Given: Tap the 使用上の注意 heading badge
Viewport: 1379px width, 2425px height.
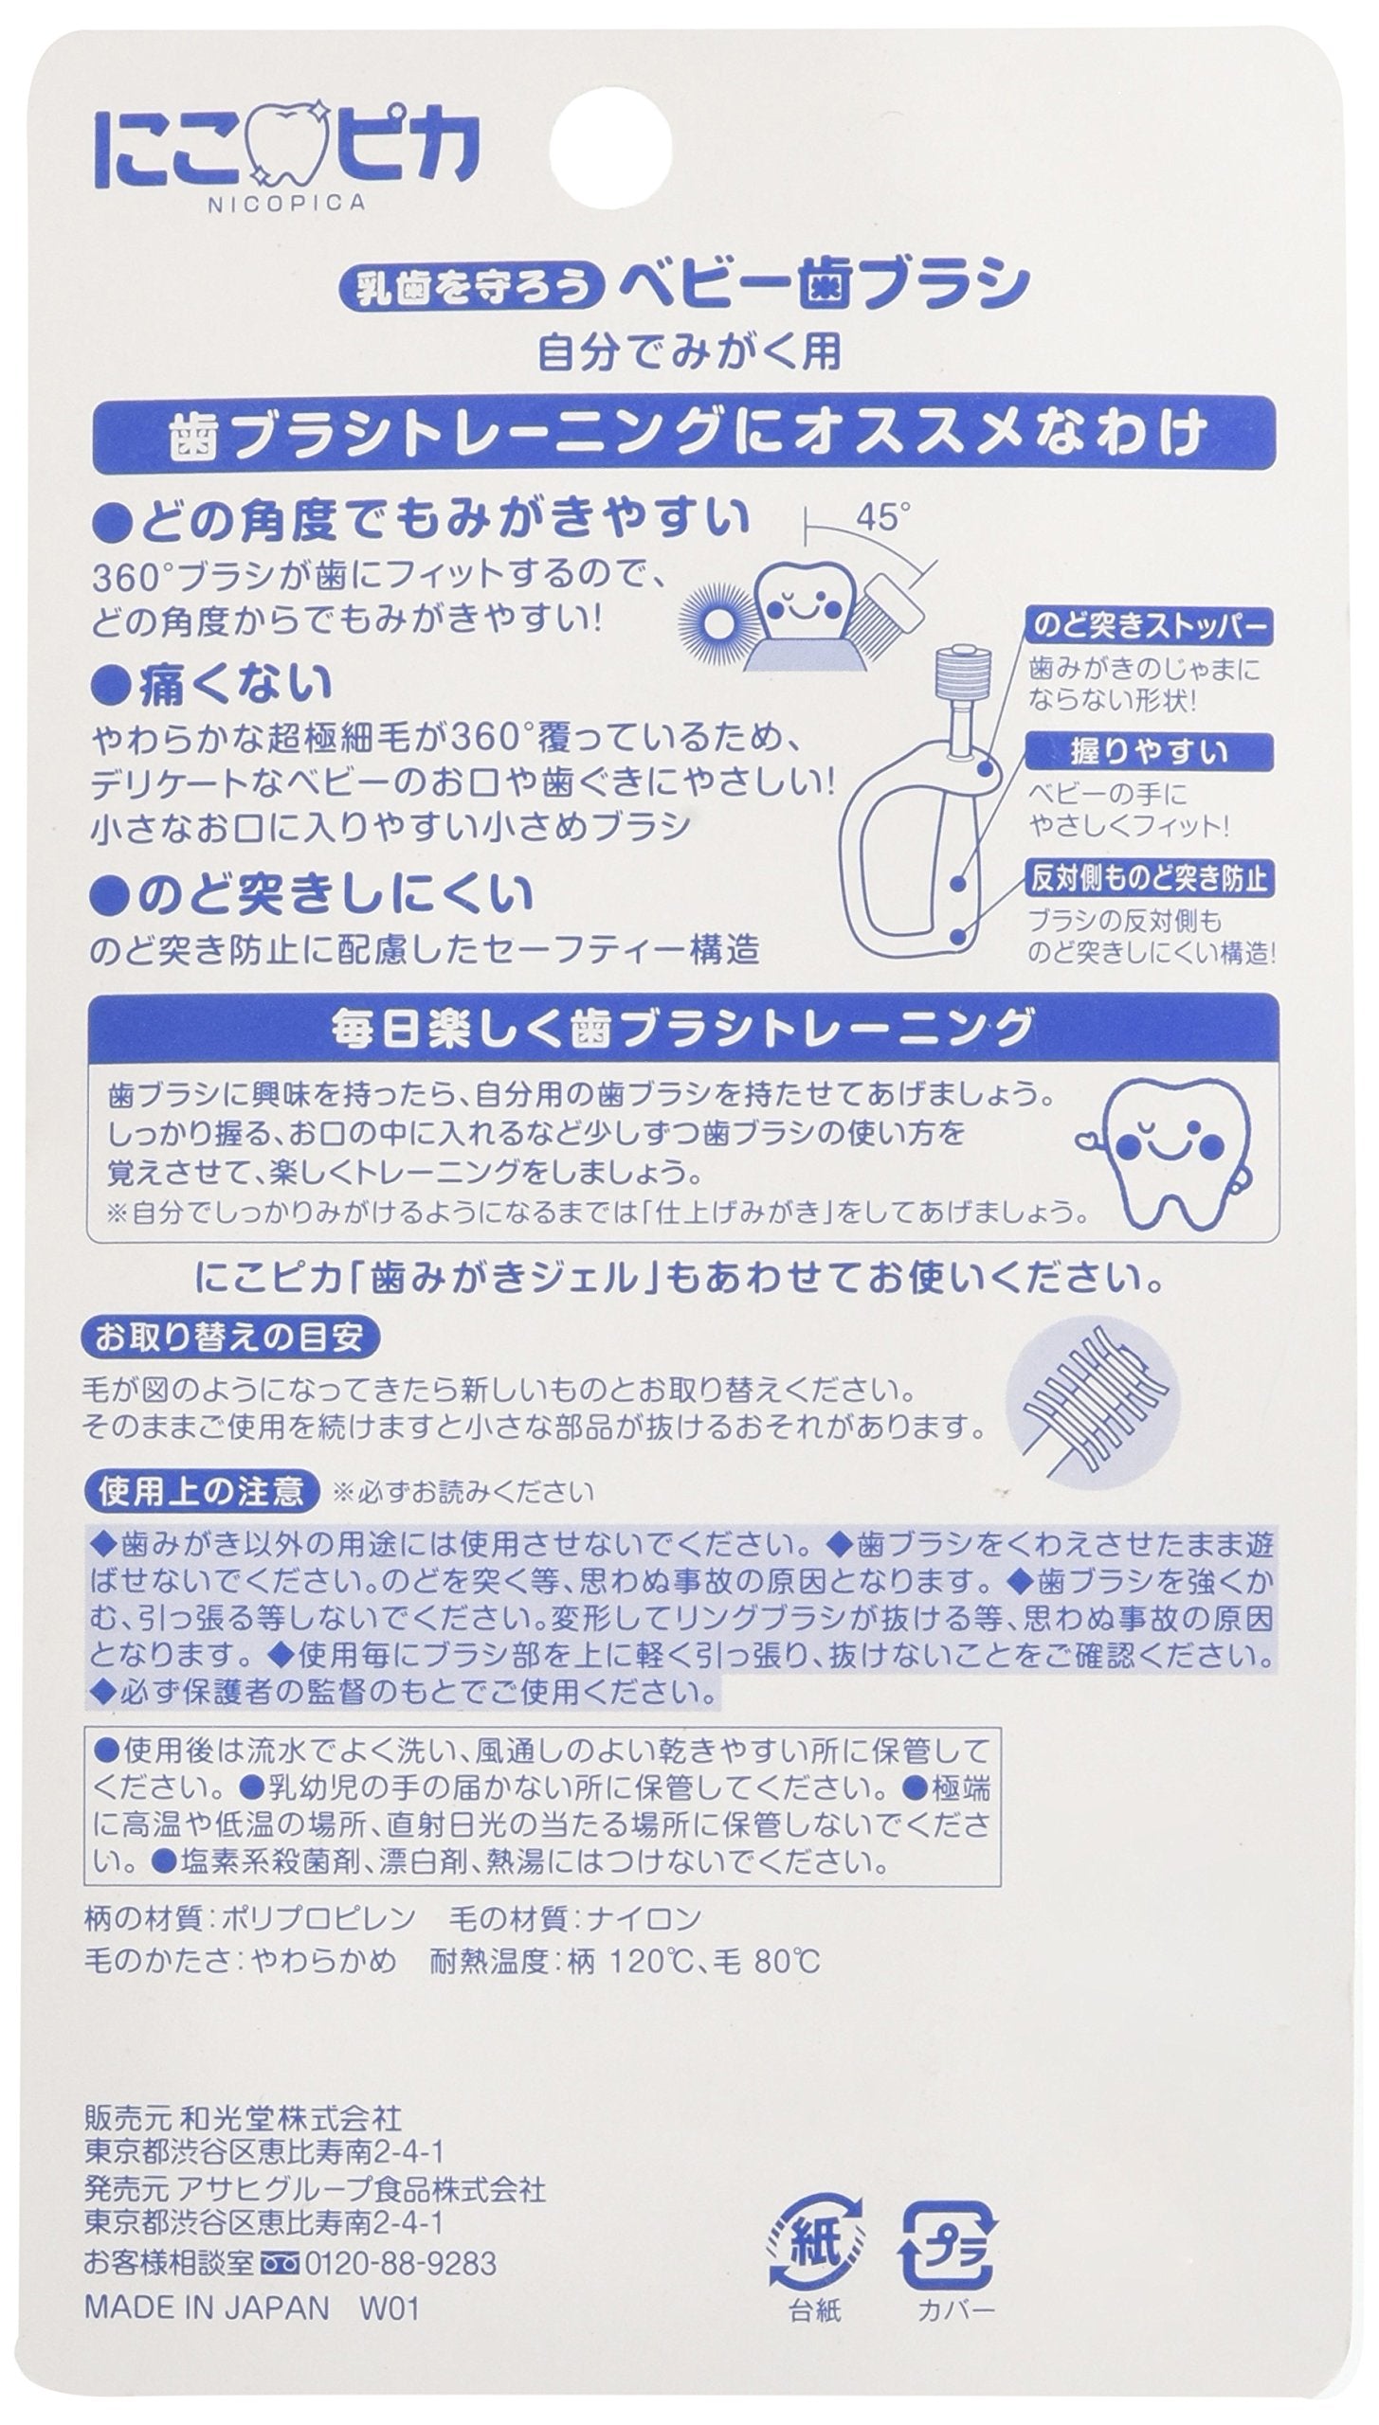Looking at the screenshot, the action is pyautogui.click(x=199, y=1493).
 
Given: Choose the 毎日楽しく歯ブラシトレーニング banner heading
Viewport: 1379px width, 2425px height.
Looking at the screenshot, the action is pyautogui.click(x=681, y=1028).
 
